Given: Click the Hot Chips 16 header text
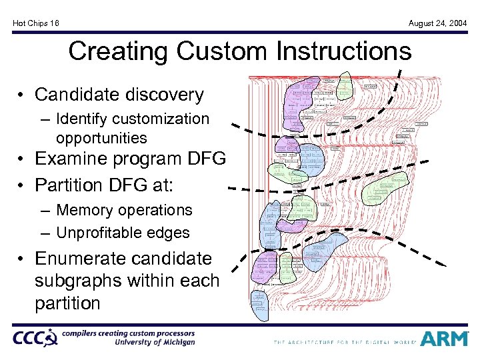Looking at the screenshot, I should point(36,23).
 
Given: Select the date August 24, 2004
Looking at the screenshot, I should point(437,23).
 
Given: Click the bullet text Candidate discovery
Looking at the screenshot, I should point(119,95).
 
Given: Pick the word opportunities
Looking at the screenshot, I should point(101,138).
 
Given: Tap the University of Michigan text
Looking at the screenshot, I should point(155,343).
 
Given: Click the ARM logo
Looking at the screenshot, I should point(444,339).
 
